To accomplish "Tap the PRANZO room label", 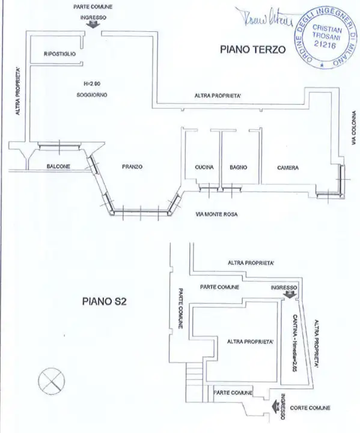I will [x=132, y=167].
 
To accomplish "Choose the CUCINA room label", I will [x=204, y=167].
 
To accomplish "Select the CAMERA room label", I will [x=288, y=167].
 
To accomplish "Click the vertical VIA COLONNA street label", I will [x=355, y=129].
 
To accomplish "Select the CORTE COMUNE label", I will [x=310, y=408].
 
